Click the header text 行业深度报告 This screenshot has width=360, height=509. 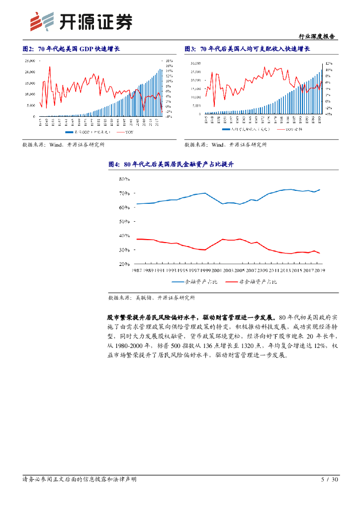[316, 37]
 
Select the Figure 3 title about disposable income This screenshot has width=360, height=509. [247, 49]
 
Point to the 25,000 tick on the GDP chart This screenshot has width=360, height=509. [29, 61]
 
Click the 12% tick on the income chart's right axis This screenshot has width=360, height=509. [329, 64]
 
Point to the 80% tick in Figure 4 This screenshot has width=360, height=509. [124, 178]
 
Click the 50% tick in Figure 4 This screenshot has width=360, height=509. [124, 221]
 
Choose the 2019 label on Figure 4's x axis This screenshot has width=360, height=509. [320, 270]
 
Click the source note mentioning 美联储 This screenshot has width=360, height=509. [151, 298]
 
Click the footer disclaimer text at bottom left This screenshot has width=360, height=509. [80, 480]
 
